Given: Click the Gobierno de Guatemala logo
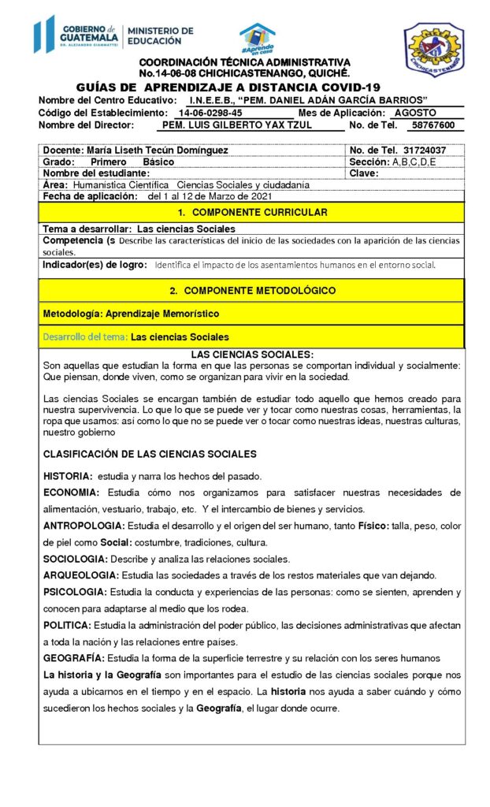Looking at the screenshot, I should click(114, 35).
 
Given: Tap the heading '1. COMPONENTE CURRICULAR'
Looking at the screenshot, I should click(251, 213).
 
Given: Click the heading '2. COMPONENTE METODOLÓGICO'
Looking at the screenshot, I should click(251, 290).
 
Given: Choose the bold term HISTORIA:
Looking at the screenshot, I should click(68, 475).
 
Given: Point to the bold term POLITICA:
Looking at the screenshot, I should click(69, 625).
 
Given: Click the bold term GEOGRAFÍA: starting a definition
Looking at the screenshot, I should click(73, 657).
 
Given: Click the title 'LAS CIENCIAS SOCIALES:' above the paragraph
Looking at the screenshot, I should click(251, 355).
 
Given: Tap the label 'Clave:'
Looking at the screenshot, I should click(364, 173).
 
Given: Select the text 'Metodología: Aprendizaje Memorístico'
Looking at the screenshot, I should click(131, 313).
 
